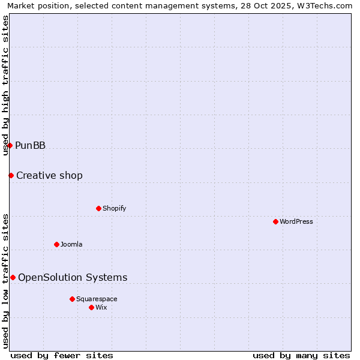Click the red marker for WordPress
pyautogui.click(x=275, y=221)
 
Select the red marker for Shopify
pyautogui.click(x=98, y=208)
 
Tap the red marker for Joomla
pyautogui.click(x=56, y=244)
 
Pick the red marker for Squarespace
pyautogui.click(x=72, y=299)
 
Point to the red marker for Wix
pyautogui.click(x=91, y=307)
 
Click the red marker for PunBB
pyautogui.click(x=10, y=145)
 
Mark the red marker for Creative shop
pyautogui.click(x=11, y=175)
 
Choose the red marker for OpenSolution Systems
pyautogui.click(x=13, y=277)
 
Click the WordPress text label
pyautogui.click(x=296, y=221)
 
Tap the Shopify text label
pyautogui.click(x=114, y=208)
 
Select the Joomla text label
pyautogui.click(x=71, y=244)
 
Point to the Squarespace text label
pyautogui.click(x=97, y=299)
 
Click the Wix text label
pyautogui.click(x=101, y=307)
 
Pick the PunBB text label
pyautogui.click(x=30, y=145)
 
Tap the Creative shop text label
pyautogui.click(x=49, y=175)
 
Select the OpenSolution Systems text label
pyautogui.click(x=73, y=277)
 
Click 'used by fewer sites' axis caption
pyautogui.click(x=62, y=355)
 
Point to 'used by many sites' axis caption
pyautogui.click(x=301, y=355)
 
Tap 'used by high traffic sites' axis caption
pyautogui.click(x=6, y=85)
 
